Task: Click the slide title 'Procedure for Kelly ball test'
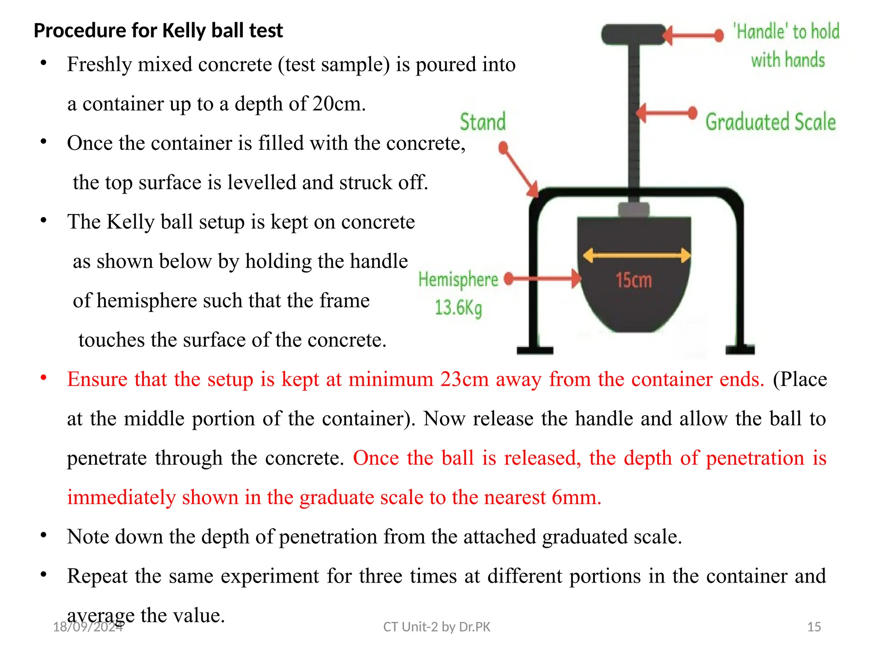tap(158, 31)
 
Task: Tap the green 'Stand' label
tap(483, 122)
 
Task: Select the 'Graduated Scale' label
tap(770, 122)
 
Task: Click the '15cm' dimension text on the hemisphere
tap(634, 281)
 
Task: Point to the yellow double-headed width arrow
tap(636, 255)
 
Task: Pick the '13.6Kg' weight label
tap(458, 307)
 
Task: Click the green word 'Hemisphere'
tap(458, 279)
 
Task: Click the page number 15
tap(814, 627)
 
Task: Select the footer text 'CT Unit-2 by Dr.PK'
tap(437, 627)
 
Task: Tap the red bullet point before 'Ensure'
tap(44, 378)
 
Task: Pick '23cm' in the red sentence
tap(464, 379)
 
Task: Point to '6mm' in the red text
tap(576, 498)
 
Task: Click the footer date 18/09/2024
tap(87, 627)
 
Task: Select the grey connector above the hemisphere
tap(634, 210)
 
